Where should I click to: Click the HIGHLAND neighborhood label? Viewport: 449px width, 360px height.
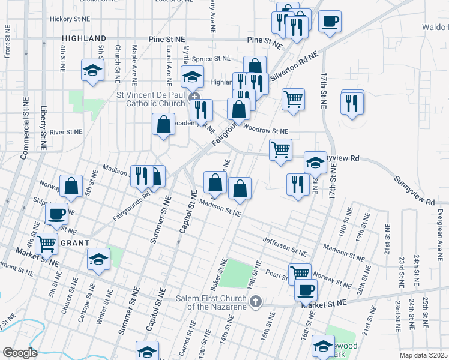[x=84, y=38]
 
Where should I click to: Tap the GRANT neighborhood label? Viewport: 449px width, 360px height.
[x=74, y=243]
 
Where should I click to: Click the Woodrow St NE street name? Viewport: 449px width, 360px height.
[x=265, y=131]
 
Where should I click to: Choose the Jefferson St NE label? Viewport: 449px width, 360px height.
[x=284, y=246]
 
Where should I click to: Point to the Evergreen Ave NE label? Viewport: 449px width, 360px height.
[x=440, y=225]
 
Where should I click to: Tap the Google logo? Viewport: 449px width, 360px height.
[x=20, y=353]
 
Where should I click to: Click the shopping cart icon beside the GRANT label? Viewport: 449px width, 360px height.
[x=47, y=244]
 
